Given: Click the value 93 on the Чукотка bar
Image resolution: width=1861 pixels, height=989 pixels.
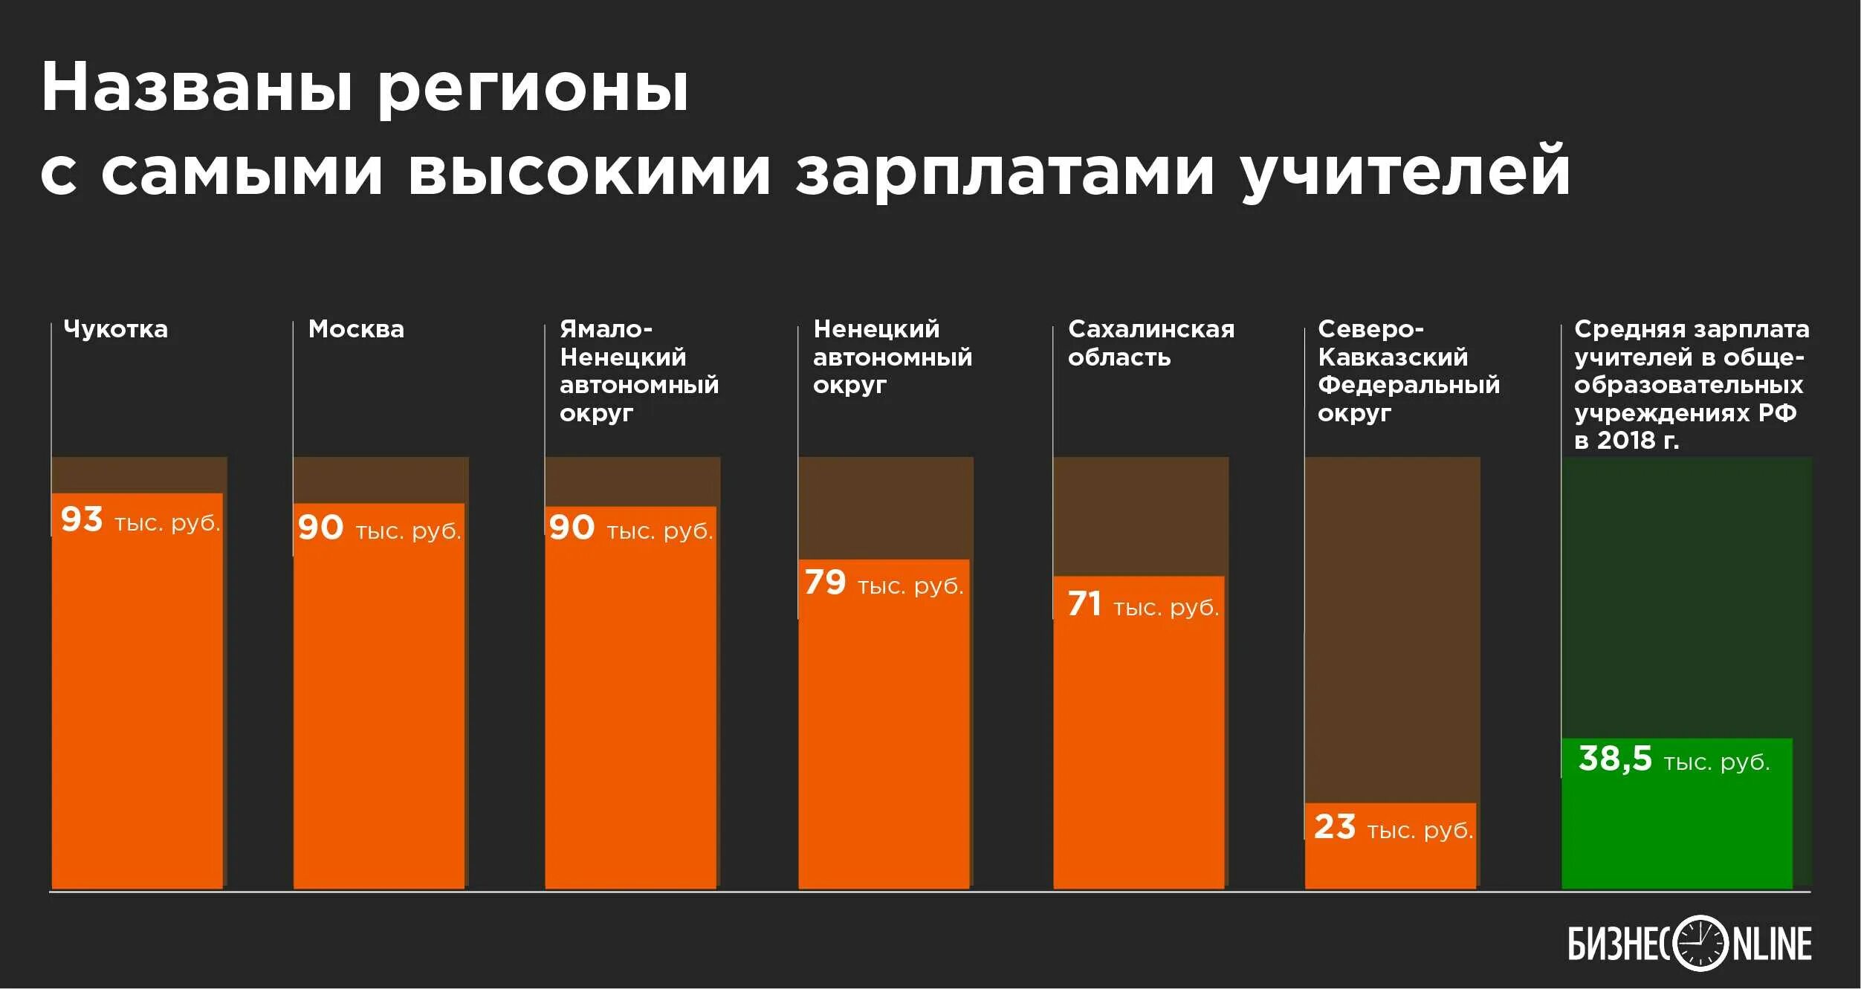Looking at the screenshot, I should coord(82,519).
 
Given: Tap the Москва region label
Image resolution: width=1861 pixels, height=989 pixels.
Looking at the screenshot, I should coord(356,329).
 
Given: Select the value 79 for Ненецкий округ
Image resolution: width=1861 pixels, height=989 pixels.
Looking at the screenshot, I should coord(825,583).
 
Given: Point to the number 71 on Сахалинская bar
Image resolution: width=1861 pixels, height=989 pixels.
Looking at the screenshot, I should coord(1084,604).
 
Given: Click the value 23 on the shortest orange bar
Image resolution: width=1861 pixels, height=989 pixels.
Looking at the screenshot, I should coord(1335,827).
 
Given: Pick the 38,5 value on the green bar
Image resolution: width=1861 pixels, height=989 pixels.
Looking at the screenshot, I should coord(1614,759).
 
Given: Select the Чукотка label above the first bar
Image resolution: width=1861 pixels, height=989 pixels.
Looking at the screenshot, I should coord(115,329).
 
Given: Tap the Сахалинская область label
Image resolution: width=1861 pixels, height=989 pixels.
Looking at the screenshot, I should coord(1150,343).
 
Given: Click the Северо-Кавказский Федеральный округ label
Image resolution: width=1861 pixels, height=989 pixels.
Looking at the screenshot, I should coord(1408,371).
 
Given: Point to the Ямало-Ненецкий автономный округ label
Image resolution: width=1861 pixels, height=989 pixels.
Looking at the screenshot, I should coord(638,371).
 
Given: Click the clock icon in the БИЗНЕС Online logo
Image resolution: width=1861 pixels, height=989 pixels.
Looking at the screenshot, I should coord(1700,944).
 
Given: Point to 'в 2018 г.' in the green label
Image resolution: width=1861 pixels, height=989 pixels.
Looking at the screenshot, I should coord(1626,441).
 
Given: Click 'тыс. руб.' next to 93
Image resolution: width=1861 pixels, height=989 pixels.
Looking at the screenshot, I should coord(167,523).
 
